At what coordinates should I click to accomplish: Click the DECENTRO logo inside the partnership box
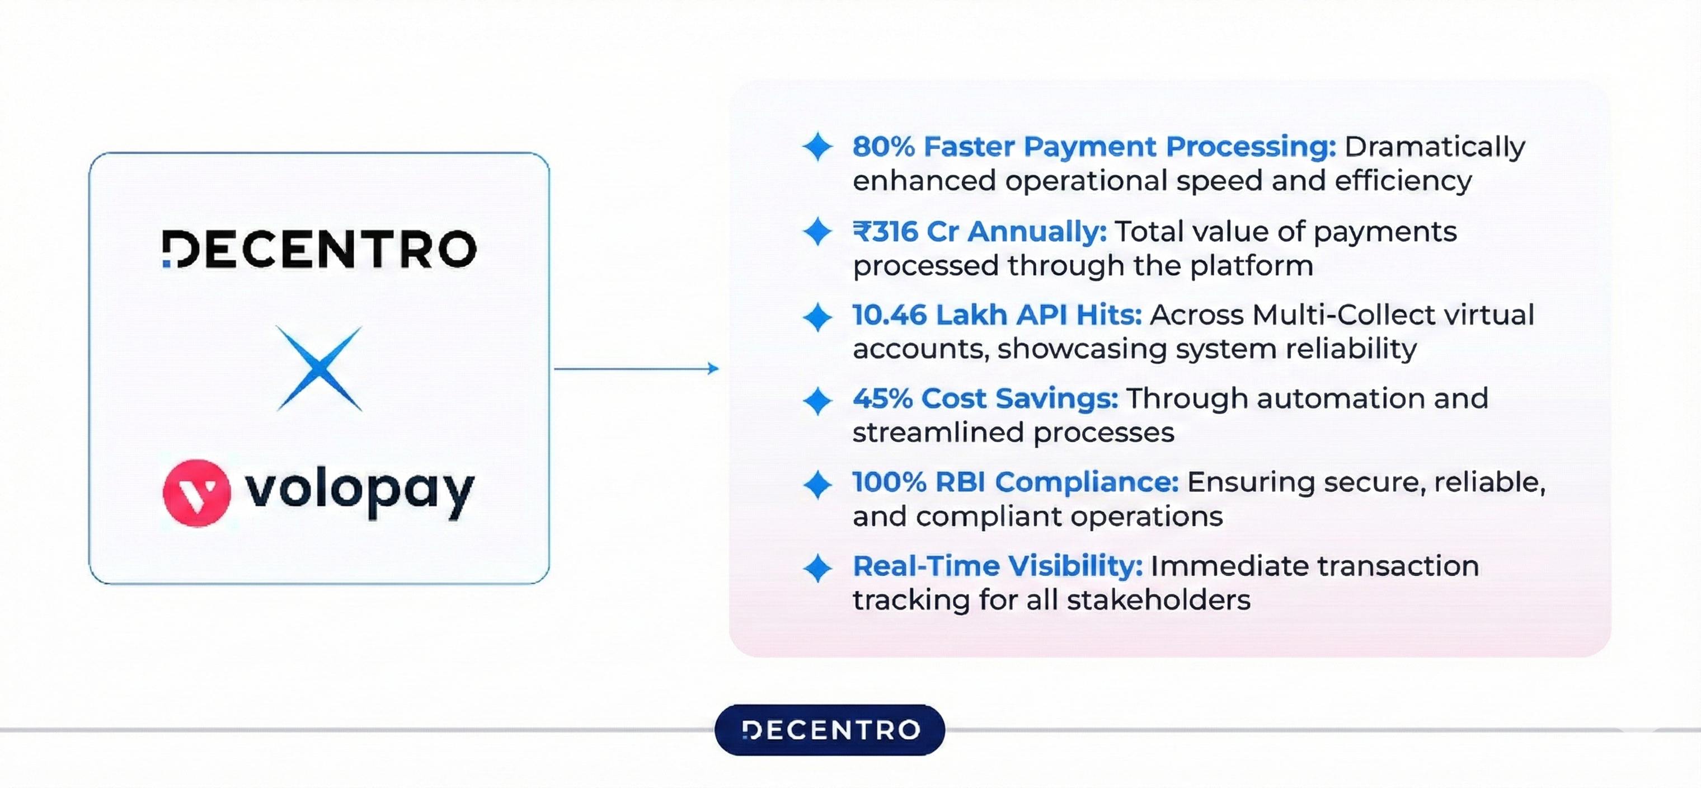pyautogui.click(x=319, y=249)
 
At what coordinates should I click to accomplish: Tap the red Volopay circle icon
pyautogui.click(x=196, y=492)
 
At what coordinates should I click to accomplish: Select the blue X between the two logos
pyautogui.click(x=319, y=369)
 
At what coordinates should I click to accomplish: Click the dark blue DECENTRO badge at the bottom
pyautogui.click(x=829, y=730)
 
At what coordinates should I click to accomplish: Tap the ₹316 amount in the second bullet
pyautogui.click(x=885, y=232)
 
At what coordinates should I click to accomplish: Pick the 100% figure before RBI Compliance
pyautogui.click(x=889, y=482)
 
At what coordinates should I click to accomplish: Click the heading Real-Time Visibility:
pyautogui.click(x=997, y=566)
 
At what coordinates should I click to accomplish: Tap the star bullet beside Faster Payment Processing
pyautogui.click(x=817, y=147)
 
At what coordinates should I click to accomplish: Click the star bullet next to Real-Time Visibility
pyautogui.click(x=817, y=568)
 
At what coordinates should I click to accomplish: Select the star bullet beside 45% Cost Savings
pyautogui.click(x=817, y=401)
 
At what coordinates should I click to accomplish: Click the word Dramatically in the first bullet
pyautogui.click(x=1434, y=147)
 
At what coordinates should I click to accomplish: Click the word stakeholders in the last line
pyautogui.click(x=1158, y=601)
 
